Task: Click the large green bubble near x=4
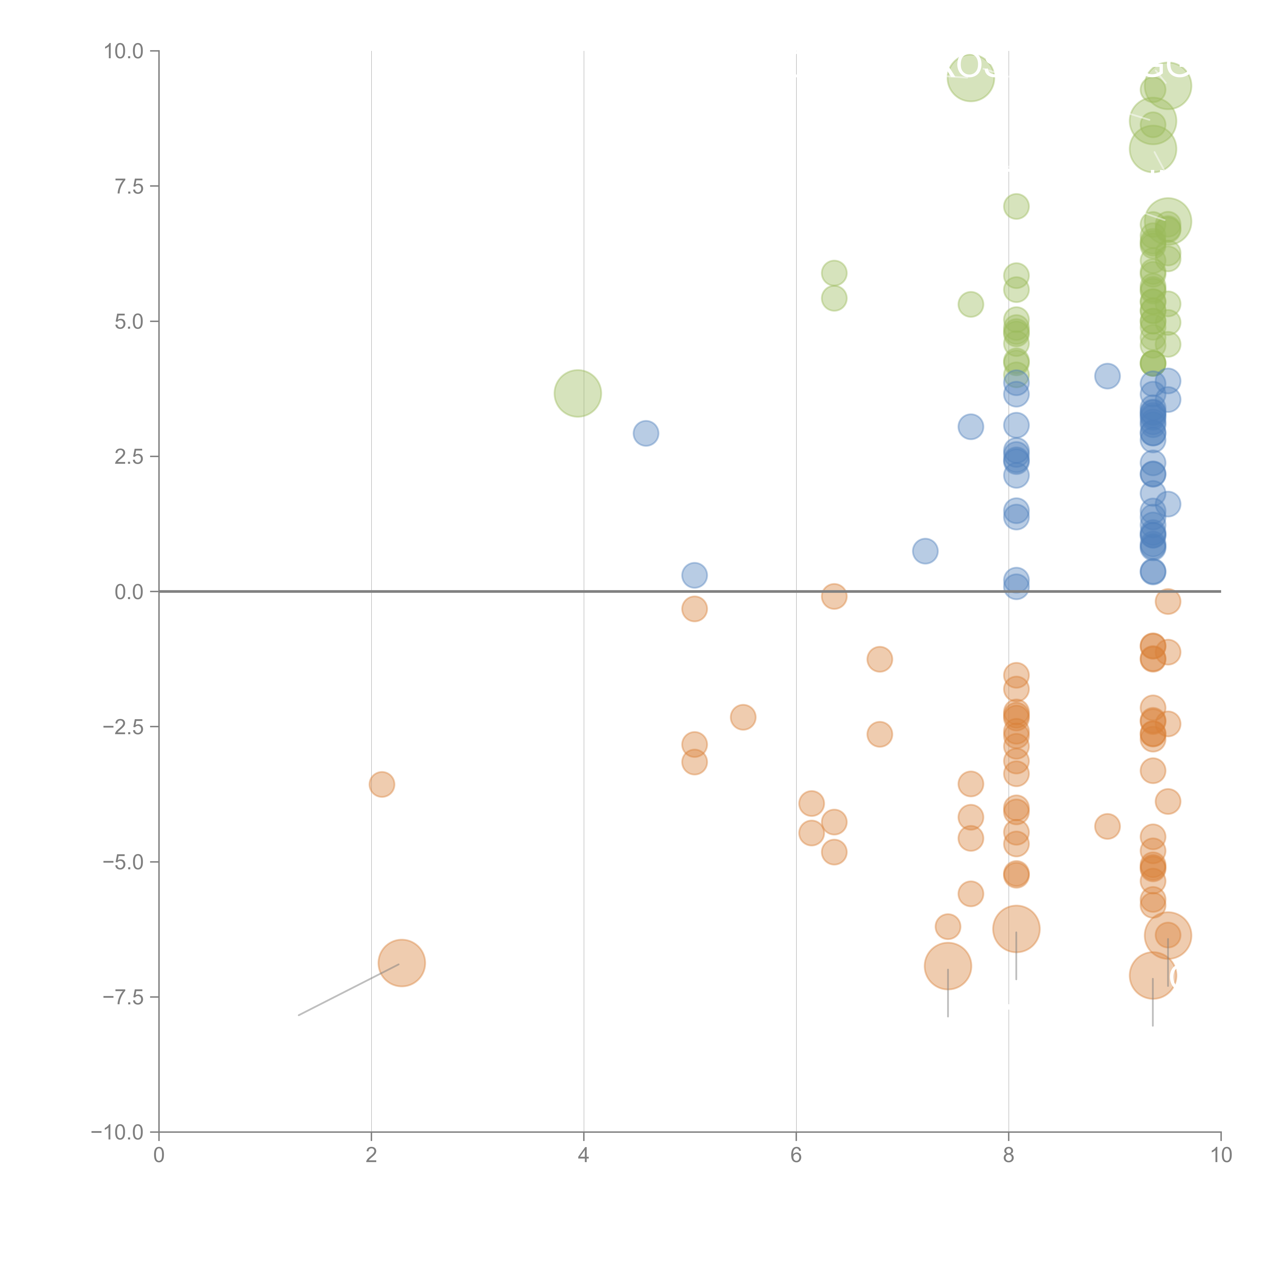click(x=577, y=393)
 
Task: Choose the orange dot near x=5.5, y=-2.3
click(x=743, y=717)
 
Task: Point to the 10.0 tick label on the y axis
click(x=124, y=51)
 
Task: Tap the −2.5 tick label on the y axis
click(x=124, y=727)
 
